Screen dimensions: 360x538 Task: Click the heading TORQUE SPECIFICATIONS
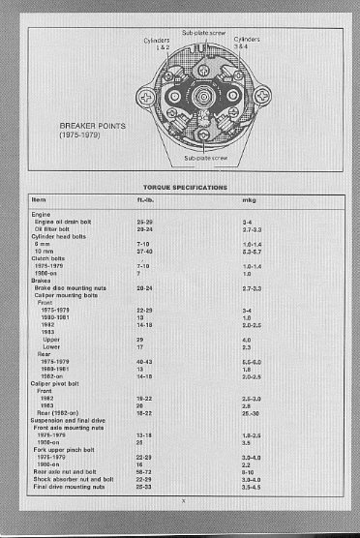[185, 186]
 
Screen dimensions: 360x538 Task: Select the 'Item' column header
[40, 199]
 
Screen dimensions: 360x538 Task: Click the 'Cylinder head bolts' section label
[56, 236]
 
